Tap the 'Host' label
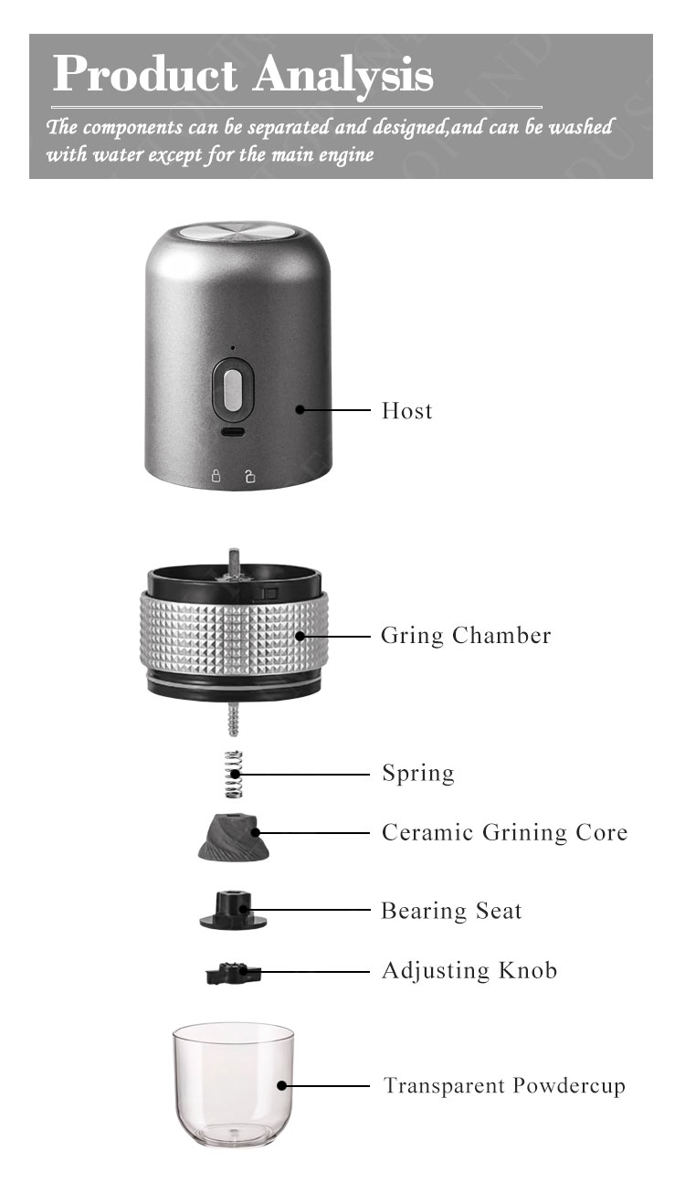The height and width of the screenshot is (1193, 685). [406, 411]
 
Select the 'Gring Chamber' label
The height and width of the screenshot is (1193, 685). [466, 635]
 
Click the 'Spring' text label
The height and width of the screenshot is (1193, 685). [417, 774]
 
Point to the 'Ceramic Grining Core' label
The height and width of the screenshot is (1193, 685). [504, 833]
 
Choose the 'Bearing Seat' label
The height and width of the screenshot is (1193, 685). [451, 911]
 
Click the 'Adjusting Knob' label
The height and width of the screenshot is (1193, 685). [469, 970]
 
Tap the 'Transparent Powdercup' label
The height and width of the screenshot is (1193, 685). [504, 1086]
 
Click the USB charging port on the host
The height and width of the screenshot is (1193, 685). [233, 432]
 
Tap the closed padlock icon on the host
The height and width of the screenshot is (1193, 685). [216, 476]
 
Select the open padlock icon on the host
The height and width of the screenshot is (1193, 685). [249, 476]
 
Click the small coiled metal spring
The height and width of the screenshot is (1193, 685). [234, 774]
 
